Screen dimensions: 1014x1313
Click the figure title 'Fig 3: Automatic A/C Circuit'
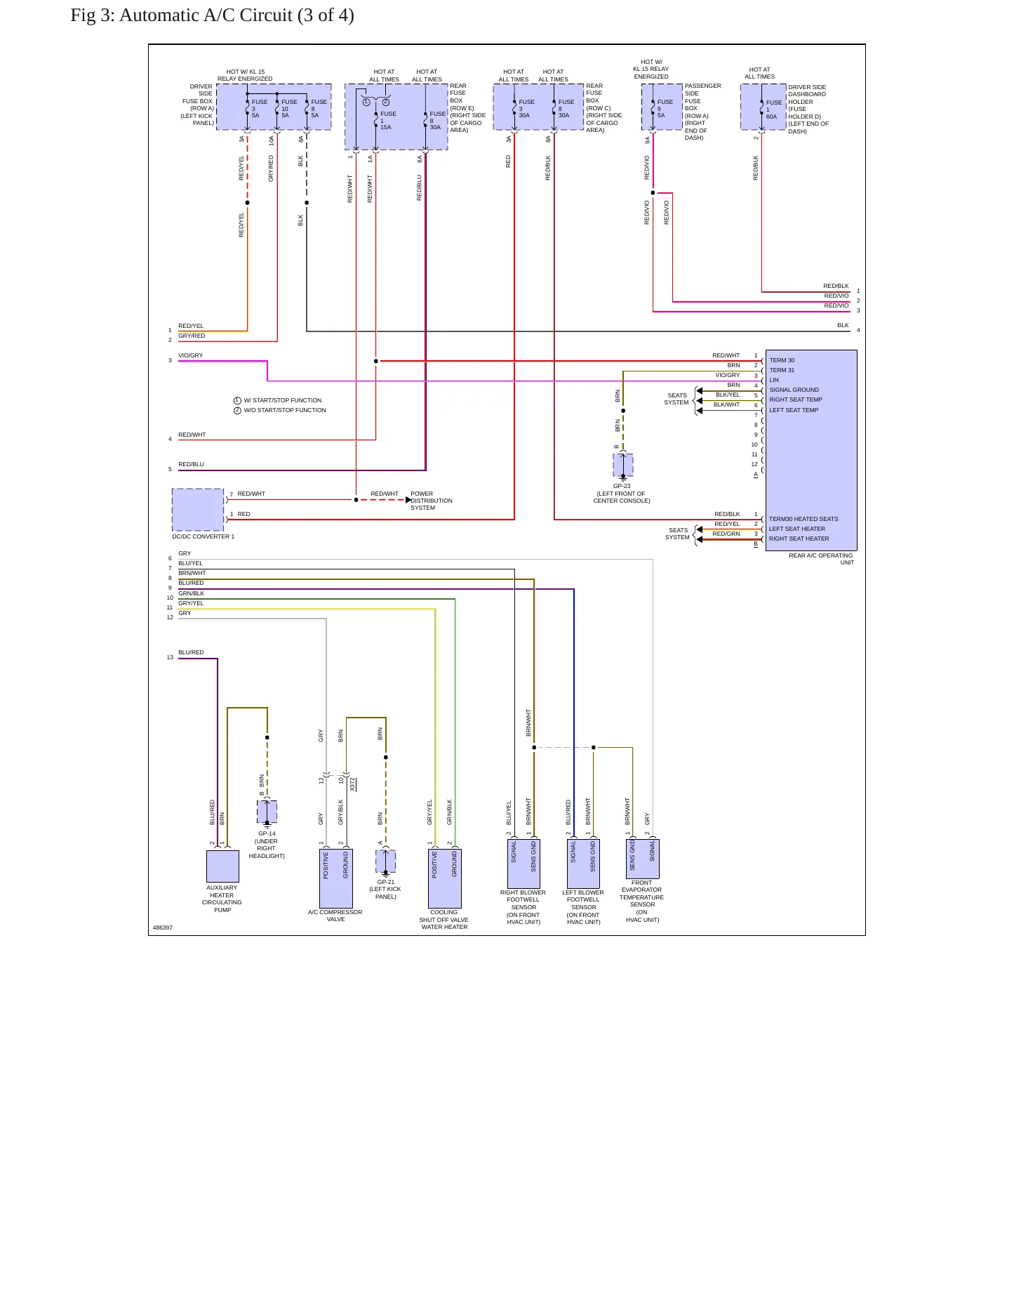point(181,15)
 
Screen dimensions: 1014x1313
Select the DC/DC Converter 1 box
point(198,510)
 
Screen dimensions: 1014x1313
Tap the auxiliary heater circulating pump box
point(222,866)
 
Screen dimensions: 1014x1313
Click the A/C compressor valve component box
point(336,878)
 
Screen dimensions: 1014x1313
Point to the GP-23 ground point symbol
point(623,466)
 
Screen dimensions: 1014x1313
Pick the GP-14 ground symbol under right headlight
point(267,812)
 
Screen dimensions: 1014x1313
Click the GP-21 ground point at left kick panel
point(385,862)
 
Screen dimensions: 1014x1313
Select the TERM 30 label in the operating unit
point(782,360)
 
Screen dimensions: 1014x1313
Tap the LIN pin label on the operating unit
point(774,380)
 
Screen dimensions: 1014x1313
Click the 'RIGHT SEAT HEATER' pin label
point(799,539)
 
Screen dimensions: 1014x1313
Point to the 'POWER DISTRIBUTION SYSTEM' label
point(432,501)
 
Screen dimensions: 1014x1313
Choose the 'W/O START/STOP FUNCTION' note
point(285,410)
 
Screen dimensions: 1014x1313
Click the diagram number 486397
point(163,928)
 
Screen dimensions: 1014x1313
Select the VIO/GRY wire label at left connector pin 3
point(190,355)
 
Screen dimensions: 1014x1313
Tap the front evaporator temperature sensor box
point(642,859)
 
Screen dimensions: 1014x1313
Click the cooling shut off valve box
point(445,878)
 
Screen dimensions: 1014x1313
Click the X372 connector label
point(352,784)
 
